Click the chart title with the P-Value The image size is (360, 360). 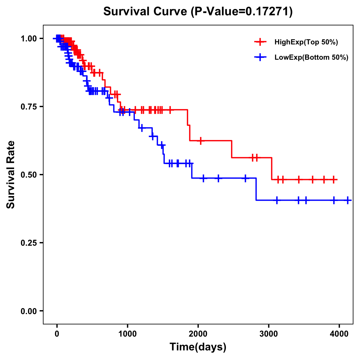(198, 11)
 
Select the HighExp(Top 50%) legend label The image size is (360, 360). (306, 42)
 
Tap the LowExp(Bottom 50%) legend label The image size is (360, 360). (311, 58)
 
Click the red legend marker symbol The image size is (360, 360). (260, 42)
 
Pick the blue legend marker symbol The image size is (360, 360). (260, 57)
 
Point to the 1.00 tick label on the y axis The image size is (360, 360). (28, 38)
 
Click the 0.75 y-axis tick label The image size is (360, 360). (28, 106)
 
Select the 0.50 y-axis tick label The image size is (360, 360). (28, 175)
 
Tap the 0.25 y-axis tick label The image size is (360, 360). (28, 243)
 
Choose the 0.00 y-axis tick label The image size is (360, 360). (28, 311)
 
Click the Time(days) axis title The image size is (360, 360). (198, 347)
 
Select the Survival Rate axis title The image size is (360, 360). (11, 175)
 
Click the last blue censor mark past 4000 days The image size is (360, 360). (348, 200)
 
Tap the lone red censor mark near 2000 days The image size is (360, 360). (200, 140)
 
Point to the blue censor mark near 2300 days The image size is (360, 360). (218, 178)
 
